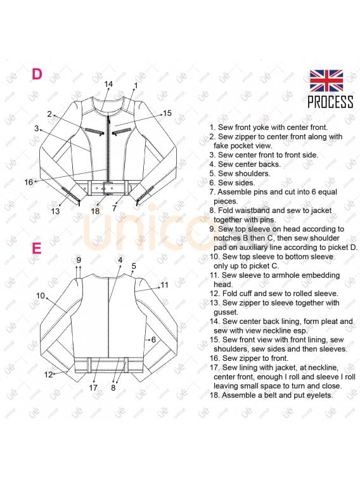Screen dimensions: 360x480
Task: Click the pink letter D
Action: pyautogui.click(x=37, y=74)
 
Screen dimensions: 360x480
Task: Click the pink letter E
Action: pyautogui.click(x=36, y=248)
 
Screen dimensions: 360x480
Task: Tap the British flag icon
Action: pyautogui.click(x=326, y=81)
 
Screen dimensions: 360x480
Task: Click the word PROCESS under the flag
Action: pyautogui.click(x=330, y=101)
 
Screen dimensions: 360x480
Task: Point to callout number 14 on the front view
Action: pyautogui.click(x=108, y=84)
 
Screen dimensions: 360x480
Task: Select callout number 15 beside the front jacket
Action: pyautogui.click(x=167, y=114)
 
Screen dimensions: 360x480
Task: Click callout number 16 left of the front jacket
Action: pyautogui.click(x=29, y=182)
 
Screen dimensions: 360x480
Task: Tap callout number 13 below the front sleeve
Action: pyautogui.click(x=55, y=211)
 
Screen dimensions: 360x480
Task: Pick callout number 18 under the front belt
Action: pyautogui.click(x=95, y=211)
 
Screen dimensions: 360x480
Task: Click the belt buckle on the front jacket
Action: pyautogui.click(x=106, y=188)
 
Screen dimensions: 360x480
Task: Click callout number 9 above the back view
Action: pyautogui.click(x=79, y=260)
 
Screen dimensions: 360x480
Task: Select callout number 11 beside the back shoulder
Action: pyautogui.click(x=165, y=285)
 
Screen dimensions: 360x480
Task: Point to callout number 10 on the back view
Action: pyautogui.click(x=41, y=295)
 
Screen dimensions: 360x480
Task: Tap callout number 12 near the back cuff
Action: pyautogui.click(x=48, y=374)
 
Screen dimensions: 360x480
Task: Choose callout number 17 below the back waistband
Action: pyautogui.click(x=93, y=388)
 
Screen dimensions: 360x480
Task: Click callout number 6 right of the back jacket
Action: pyautogui.click(x=153, y=339)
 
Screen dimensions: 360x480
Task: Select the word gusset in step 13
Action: pyautogui.click(x=226, y=312)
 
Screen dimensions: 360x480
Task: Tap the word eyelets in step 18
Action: pyautogui.click(x=318, y=395)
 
